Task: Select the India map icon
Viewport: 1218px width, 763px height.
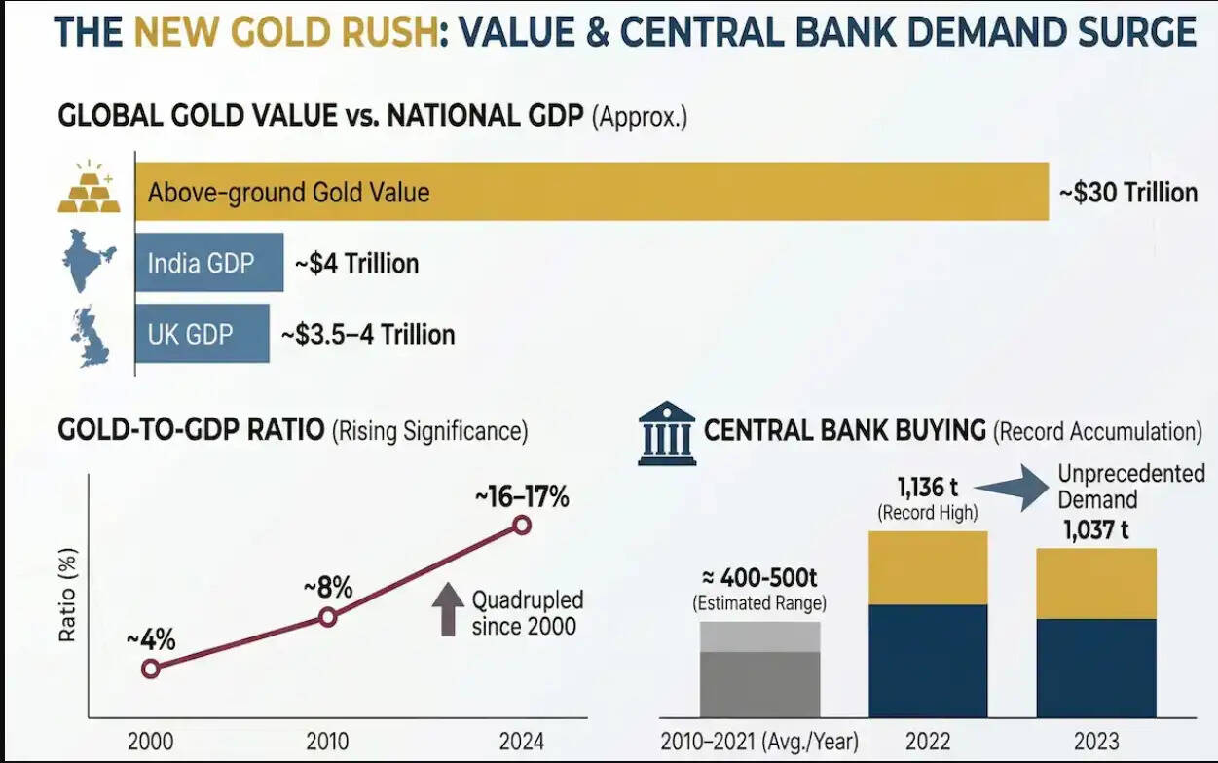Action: (89, 260)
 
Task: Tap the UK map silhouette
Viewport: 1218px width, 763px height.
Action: (89, 336)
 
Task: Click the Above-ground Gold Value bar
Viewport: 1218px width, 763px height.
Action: (591, 191)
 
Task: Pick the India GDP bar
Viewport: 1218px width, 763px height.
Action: (208, 263)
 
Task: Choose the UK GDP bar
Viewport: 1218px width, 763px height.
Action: (202, 334)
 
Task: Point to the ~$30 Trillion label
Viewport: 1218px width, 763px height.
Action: (1127, 192)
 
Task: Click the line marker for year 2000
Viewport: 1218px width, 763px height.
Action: (150, 668)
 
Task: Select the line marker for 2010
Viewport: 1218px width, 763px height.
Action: (328, 616)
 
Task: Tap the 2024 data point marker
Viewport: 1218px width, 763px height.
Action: (522, 526)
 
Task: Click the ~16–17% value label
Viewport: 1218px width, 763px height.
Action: (522, 496)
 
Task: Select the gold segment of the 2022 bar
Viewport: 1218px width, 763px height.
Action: (927, 567)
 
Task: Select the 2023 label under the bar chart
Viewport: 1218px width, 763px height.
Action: (1096, 741)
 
